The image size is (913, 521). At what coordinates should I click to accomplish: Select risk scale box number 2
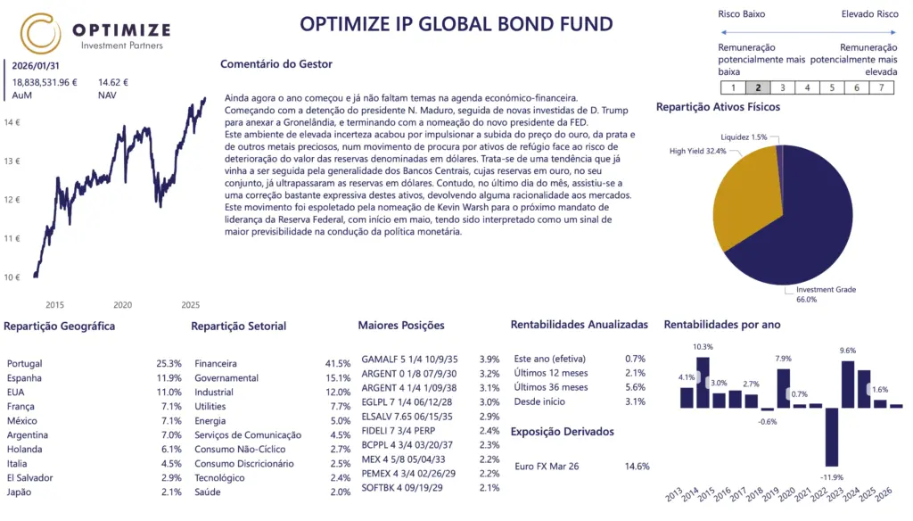758,87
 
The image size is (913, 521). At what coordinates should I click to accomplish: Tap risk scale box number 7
881,87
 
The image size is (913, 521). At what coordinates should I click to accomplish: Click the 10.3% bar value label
703,347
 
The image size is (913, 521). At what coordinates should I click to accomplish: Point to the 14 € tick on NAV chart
12,122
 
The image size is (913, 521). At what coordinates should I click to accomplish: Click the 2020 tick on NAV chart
122,304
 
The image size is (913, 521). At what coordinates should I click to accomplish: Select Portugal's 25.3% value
169,364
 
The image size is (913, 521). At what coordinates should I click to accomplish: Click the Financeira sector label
216,364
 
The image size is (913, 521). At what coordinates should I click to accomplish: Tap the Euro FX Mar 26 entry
547,466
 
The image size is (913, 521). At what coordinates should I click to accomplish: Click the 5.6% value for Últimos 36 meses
635,387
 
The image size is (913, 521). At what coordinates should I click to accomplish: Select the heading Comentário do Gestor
276,64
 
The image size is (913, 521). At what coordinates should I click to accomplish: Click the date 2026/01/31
36,65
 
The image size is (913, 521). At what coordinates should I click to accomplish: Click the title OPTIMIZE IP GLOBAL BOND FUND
456,24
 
